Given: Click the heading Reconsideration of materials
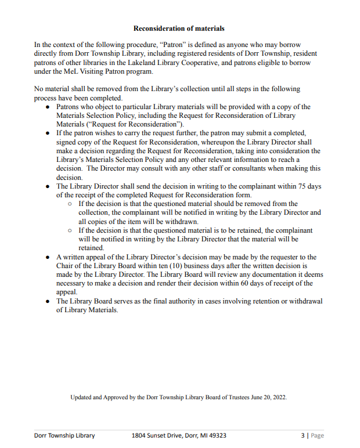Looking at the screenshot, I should [x=179, y=28].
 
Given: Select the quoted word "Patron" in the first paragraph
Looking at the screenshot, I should [x=173, y=45].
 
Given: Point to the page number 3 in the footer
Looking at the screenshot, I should [x=302, y=435].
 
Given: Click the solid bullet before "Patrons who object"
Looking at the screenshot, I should [x=48, y=107].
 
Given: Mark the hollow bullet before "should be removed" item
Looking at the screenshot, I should [x=70, y=204].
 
